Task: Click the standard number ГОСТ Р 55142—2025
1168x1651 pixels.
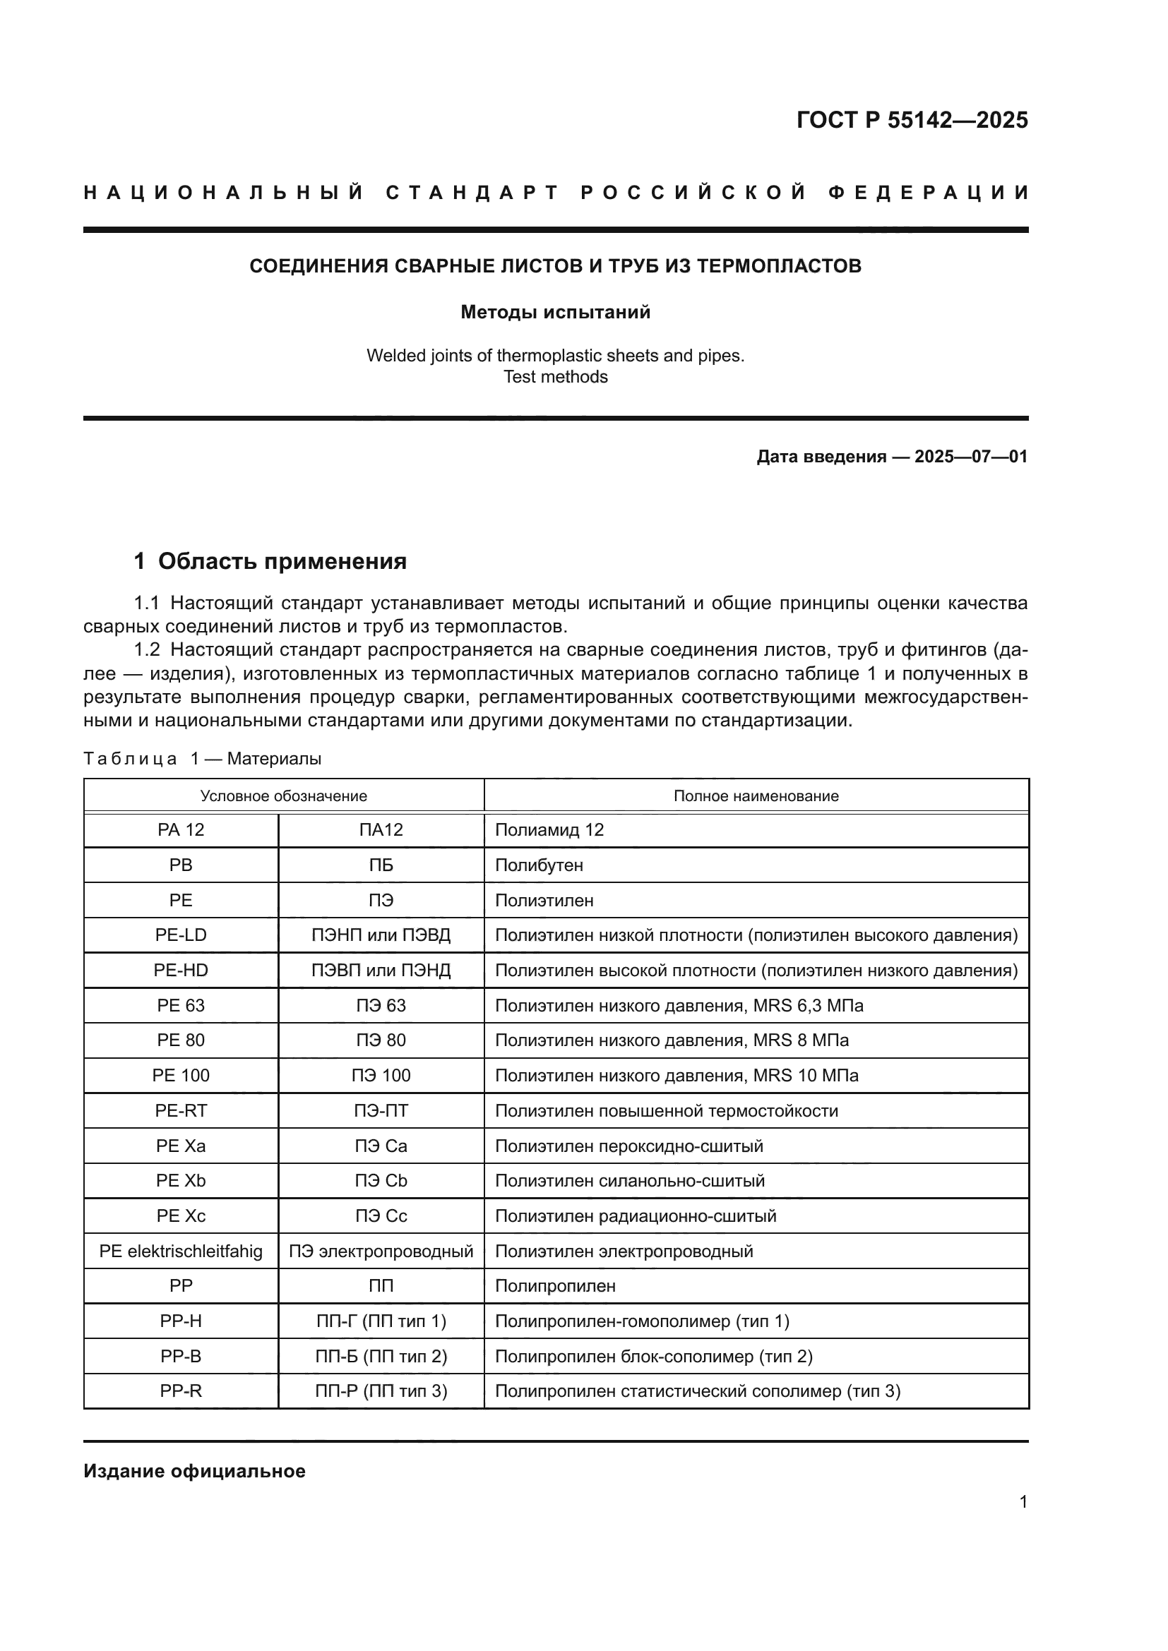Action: click(x=911, y=119)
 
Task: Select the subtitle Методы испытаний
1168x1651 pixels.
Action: click(x=555, y=312)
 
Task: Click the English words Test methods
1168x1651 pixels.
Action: click(x=555, y=377)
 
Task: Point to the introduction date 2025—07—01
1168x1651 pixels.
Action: click(x=970, y=457)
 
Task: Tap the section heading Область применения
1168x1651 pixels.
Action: click(x=282, y=561)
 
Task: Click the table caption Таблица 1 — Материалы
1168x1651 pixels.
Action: click(x=202, y=759)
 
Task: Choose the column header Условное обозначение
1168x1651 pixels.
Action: click(x=283, y=796)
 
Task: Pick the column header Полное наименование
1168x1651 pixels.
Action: click(x=756, y=796)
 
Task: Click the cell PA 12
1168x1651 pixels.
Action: click(x=181, y=830)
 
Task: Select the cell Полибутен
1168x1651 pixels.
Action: click(x=539, y=865)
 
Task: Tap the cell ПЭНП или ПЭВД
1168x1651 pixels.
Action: click(x=381, y=935)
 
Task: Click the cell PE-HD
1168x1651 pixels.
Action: click(x=181, y=970)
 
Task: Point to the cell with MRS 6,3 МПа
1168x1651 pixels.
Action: click(x=679, y=1005)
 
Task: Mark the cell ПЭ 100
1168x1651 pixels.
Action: click(x=381, y=1075)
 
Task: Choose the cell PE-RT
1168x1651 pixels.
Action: click(x=181, y=1110)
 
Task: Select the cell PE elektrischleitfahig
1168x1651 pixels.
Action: click(x=181, y=1251)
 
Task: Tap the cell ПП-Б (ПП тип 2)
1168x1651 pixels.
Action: click(x=381, y=1356)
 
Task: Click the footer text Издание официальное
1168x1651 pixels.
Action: click(x=194, y=1470)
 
